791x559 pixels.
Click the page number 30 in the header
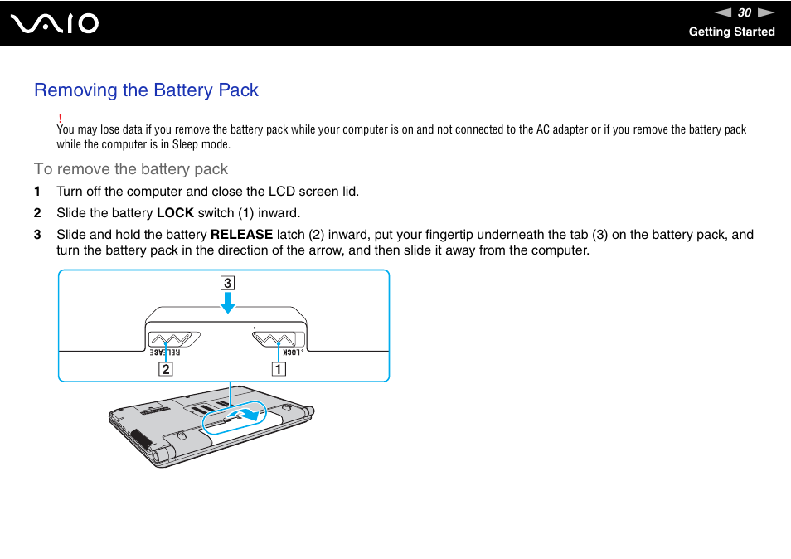click(x=745, y=12)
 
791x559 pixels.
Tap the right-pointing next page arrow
click(x=765, y=12)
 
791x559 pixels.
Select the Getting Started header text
click(x=731, y=32)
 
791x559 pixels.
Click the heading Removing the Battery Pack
click(x=146, y=90)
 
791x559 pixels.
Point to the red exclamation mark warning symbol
click(x=61, y=119)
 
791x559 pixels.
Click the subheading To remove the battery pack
click(x=131, y=169)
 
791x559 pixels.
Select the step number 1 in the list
click(x=37, y=192)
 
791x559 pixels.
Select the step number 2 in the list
click(x=37, y=213)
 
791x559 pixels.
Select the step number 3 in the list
click(x=37, y=235)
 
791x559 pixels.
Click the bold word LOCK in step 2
click(x=175, y=213)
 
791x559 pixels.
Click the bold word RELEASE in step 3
click(x=241, y=235)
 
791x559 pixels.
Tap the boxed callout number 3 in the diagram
click(x=227, y=283)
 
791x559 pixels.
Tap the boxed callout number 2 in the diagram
click(x=166, y=369)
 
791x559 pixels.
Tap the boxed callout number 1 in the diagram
click(x=279, y=369)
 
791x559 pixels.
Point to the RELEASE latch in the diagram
click(x=172, y=338)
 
